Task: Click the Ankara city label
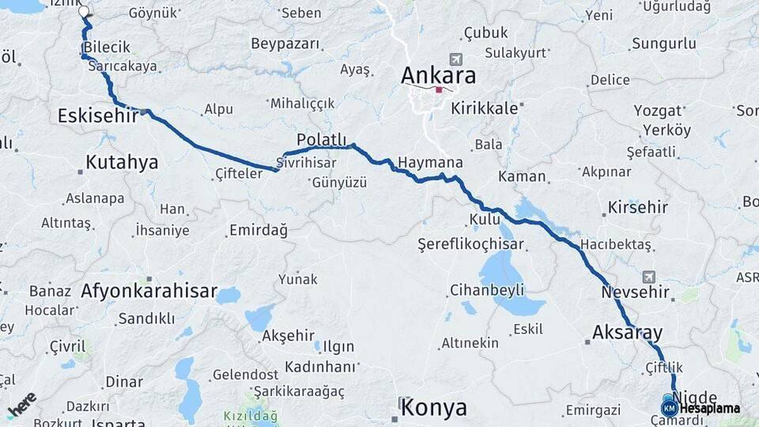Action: (x=439, y=76)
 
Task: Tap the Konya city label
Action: (x=433, y=408)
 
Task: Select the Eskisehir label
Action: (x=98, y=116)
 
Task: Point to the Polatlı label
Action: (x=322, y=140)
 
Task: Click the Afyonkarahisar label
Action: (x=149, y=292)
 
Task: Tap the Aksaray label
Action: (x=627, y=331)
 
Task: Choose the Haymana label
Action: (x=430, y=162)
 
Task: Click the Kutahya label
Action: (x=122, y=163)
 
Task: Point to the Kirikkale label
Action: (x=484, y=108)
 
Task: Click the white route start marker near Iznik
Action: (x=85, y=12)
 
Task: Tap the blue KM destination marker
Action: (x=670, y=408)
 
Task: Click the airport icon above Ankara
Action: (x=455, y=59)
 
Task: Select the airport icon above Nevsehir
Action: (x=649, y=277)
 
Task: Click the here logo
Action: (x=22, y=403)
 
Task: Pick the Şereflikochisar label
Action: (x=470, y=245)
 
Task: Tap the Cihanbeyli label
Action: (x=487, y=289)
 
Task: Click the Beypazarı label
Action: (x=285, y=43)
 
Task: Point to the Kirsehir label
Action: (x=638, y=208)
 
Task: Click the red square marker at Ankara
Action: (x=439, y=89)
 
